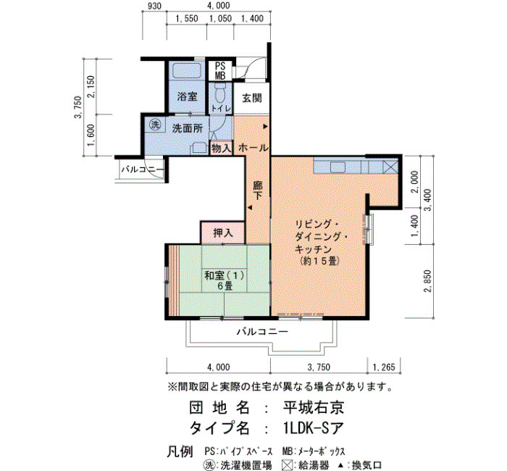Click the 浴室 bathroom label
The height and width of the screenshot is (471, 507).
click(x=187, y=96)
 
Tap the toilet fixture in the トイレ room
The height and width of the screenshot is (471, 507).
click(x=220, y=93)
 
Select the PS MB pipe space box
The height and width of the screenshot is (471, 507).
click(x=220, y=70)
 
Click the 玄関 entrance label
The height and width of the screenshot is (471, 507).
click(x=252, y=98)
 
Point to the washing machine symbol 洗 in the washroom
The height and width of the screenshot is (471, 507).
click(x=156, y=125)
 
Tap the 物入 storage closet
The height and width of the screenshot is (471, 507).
click(x=221, y=148)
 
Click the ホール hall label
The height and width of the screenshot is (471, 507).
click(x=253, y=148)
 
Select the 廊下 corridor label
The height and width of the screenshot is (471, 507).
click(x=257, y=190)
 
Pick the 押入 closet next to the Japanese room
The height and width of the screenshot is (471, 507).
click(x=223, y=233)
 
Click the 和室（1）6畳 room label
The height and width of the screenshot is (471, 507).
click(x=225, y=280)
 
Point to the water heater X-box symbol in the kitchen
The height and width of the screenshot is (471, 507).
click(x=391, y=167)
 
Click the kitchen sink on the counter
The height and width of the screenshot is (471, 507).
click(x=338, y=167)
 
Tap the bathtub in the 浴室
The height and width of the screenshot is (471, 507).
click(x=187, y=70)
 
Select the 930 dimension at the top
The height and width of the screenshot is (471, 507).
click(x=154, y=6)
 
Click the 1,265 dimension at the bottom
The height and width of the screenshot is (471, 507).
click(x=384, y=367)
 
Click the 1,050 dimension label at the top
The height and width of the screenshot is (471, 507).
click(x=220, y=18)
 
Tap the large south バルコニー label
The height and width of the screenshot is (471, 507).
click(x=262, y=332)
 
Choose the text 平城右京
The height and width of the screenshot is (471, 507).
click(x=314, y=407)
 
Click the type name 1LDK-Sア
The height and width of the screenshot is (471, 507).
click(x=313, y=429)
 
